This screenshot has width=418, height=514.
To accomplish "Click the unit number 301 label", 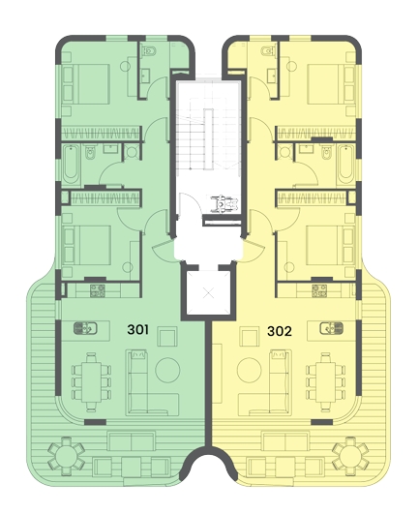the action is pos(138,329).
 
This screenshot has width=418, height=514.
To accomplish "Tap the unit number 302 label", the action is pos(280,331).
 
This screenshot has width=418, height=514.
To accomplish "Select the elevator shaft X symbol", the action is pos(208,292).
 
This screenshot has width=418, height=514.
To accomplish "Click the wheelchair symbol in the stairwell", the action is pos(224,203).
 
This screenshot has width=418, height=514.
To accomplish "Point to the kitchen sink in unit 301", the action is pos(85,328).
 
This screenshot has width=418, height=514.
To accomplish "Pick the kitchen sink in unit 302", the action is pos(332,328).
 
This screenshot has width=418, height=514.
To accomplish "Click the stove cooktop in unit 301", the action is pos(98,290).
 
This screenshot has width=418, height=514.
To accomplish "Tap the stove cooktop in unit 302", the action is pos(319,290).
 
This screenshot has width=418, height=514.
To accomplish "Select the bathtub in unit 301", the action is pos(71,165).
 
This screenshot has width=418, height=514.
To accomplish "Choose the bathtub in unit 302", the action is pos(346,165).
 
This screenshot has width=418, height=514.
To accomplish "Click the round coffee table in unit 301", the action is pos(167,370).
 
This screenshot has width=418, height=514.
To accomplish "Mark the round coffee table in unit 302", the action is pos(250,370).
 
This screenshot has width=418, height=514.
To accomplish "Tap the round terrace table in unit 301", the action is pos(66,456).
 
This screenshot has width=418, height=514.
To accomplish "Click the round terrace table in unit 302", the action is pos(350,456).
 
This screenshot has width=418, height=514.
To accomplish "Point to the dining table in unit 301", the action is pos(91,382).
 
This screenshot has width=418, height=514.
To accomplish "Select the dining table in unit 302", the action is pos(326,382).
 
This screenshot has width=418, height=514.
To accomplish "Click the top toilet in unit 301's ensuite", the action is pos(148,51).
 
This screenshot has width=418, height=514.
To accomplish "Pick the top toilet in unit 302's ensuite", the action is pos(269,51).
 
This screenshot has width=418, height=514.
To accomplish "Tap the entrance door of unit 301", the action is pos(164,250).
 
